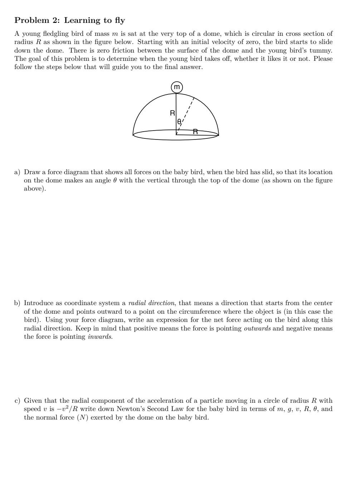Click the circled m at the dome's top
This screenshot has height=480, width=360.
(177, 87)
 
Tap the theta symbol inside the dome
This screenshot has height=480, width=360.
(179, 122)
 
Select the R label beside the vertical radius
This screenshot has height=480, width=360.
(172, 113)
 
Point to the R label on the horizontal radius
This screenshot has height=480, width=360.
(195, 132)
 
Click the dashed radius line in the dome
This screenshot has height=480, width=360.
(188, 111)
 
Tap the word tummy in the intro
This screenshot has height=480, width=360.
(320, 50)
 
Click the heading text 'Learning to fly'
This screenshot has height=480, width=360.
(94, 20)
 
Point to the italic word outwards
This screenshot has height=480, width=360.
(257, 328)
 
